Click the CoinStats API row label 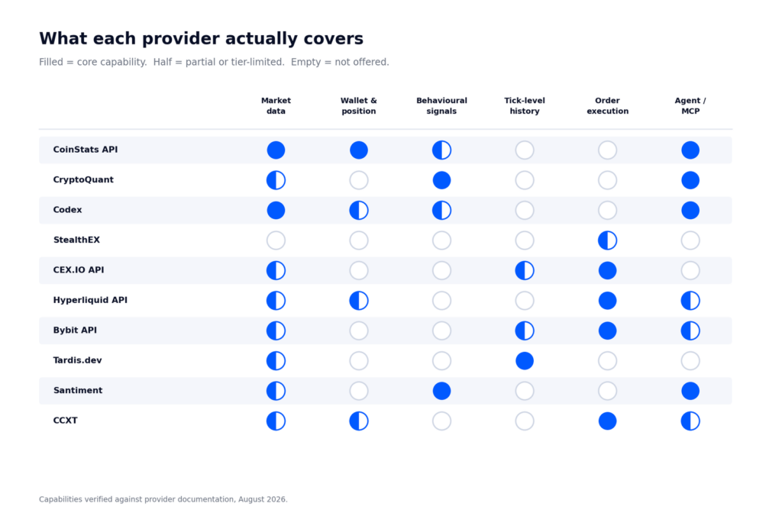tap(86, 150)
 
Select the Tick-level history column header tap(524, 105)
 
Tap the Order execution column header tap(607, 105)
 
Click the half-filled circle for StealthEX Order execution tap(607, 240)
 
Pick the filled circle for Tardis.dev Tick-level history tap(524, 360)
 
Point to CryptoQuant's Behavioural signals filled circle tap(441, 180)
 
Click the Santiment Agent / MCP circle tap(690, 391)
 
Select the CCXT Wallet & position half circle tap(359, 421)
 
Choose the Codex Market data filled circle tap(276, 211)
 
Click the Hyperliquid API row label tap(90, 300)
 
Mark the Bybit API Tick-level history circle tap(524, 331)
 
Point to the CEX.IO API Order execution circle tap(607, 270)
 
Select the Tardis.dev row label tap(77, 360)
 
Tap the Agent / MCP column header tap(690, 105)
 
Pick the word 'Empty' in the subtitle tap(305, 62)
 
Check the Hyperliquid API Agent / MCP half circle tap(690, 301)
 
